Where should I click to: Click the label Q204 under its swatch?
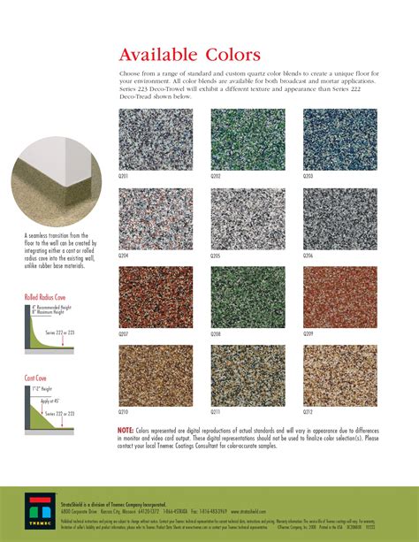[124, 256]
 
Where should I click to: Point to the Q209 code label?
[308, 334]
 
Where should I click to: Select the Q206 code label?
[308, 256]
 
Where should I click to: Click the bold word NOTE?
[126, 430]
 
